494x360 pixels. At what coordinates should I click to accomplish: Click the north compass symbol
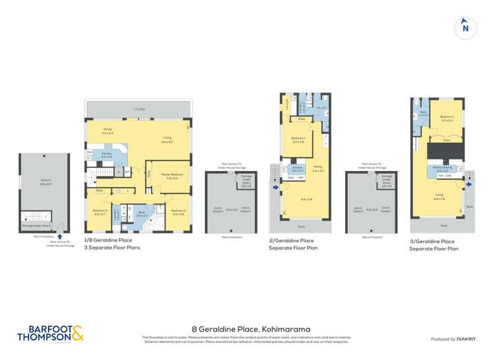[465, 28]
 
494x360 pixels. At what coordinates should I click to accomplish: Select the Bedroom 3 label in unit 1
[100, 211]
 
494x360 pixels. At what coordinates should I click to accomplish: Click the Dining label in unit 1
[108, 131]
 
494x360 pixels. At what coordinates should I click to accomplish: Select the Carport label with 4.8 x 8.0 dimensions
[45, 184]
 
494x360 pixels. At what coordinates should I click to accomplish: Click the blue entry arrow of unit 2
[275, 187]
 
